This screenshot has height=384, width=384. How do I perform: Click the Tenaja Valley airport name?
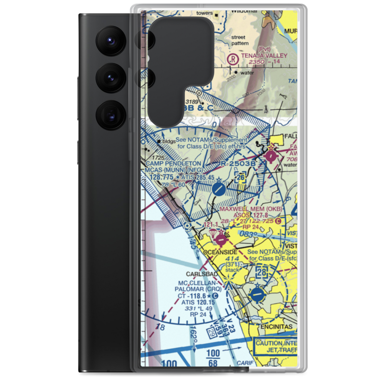click(x=264, y=56)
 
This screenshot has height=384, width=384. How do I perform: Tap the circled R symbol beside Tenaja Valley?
click(x=233, y=60)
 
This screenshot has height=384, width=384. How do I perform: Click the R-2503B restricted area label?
click(x=238, y=164)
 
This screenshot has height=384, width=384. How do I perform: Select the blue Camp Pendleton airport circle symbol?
click(x=218, y=189)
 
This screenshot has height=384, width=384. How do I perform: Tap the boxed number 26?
click(x=240, y=177)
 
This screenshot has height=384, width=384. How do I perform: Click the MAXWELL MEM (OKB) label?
click(x=251, y=209)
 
